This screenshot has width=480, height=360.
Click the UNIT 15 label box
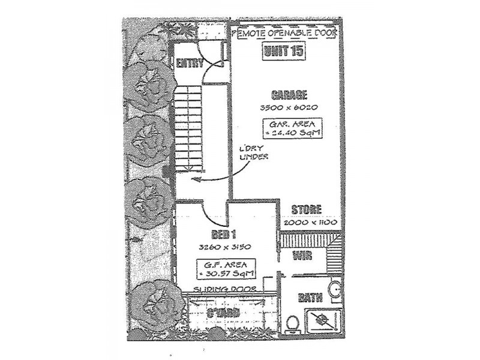click(x=283, y=51)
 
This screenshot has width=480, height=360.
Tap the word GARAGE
click(x=289, y=95)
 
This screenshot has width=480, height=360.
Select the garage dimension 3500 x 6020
click(x=289, y=108)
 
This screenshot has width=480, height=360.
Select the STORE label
click(x=307, y=210)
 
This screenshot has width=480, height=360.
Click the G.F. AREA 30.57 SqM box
click(x=224, y=268)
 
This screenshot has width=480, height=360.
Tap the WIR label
click(x=301, y=257)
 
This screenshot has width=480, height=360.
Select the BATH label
click(x=311, y=297)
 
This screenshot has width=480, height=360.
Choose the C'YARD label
click(x=223, y=313)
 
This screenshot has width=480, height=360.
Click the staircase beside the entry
click(x=189, y=126)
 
